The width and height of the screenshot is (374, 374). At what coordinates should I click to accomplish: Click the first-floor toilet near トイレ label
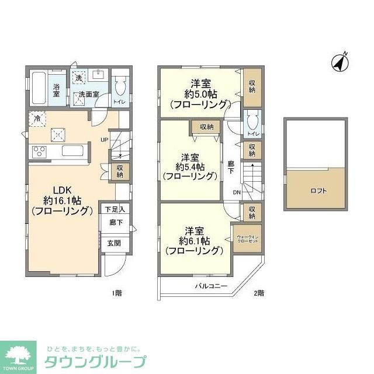click(120, 88)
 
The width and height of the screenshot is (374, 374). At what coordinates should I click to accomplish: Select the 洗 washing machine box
click(78, 77)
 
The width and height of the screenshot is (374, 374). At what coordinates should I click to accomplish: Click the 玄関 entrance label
click(113, 243)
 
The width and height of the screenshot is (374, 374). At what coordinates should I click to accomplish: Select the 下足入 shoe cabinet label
click(115, 208)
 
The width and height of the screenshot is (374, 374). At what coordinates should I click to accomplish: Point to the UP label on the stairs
click(104, 140)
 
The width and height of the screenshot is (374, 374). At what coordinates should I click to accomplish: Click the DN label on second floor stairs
click(237, 192)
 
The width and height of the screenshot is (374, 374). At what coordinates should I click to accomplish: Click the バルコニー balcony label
click(211, 286)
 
